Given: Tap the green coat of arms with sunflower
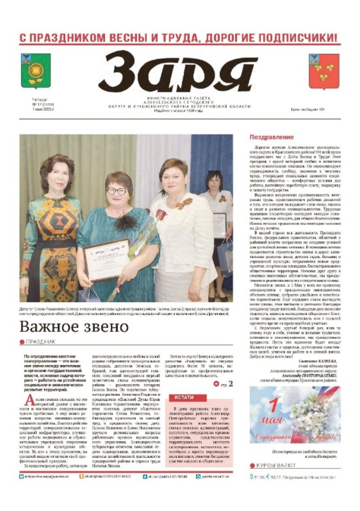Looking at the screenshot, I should coord(36,71).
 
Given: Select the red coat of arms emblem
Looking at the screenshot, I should coord(324,71).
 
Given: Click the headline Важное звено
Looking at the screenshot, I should coord(74,327).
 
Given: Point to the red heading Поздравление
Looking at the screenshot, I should coord(271,137).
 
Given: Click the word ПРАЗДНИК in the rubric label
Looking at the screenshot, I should coord(40,342).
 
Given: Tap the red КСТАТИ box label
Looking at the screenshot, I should coord(184,398).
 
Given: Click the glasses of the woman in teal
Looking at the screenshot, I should coord(117,191).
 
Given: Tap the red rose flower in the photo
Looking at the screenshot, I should coord(161,215).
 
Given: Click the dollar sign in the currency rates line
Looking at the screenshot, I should coord(252,476).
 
